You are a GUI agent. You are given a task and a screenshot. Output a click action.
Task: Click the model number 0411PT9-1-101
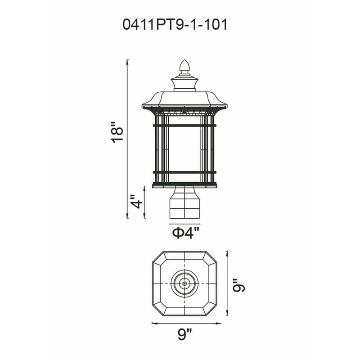[x=175, y=25]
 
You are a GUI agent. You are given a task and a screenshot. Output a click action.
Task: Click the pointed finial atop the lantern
[x=184, y=67]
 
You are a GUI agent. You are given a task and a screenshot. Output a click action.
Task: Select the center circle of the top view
[x=184, y=283]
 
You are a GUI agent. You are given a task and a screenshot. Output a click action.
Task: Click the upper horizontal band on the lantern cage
[x=184, y=125]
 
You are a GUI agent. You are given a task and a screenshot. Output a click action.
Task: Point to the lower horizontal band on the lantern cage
[x=184, y=172]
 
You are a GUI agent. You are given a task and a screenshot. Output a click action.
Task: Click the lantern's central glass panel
[x=184, y=148]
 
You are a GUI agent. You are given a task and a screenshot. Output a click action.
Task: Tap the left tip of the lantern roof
[x=144, y=107]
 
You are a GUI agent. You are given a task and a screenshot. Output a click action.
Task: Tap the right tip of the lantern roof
[x=226, y=107]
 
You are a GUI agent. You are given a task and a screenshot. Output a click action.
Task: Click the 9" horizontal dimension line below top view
[x=186, y=323]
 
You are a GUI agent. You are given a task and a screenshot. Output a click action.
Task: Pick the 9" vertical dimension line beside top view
[x=227, y=283]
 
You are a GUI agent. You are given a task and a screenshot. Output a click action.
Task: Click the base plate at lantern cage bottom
[x=184, y=184]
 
